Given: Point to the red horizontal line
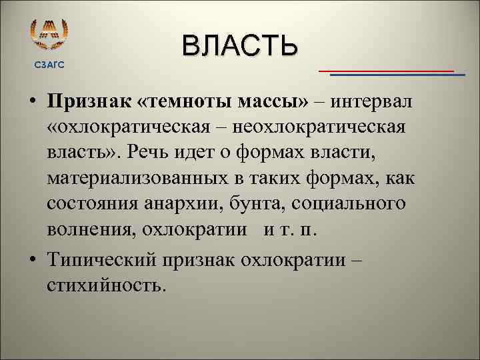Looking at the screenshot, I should point(386,70).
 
